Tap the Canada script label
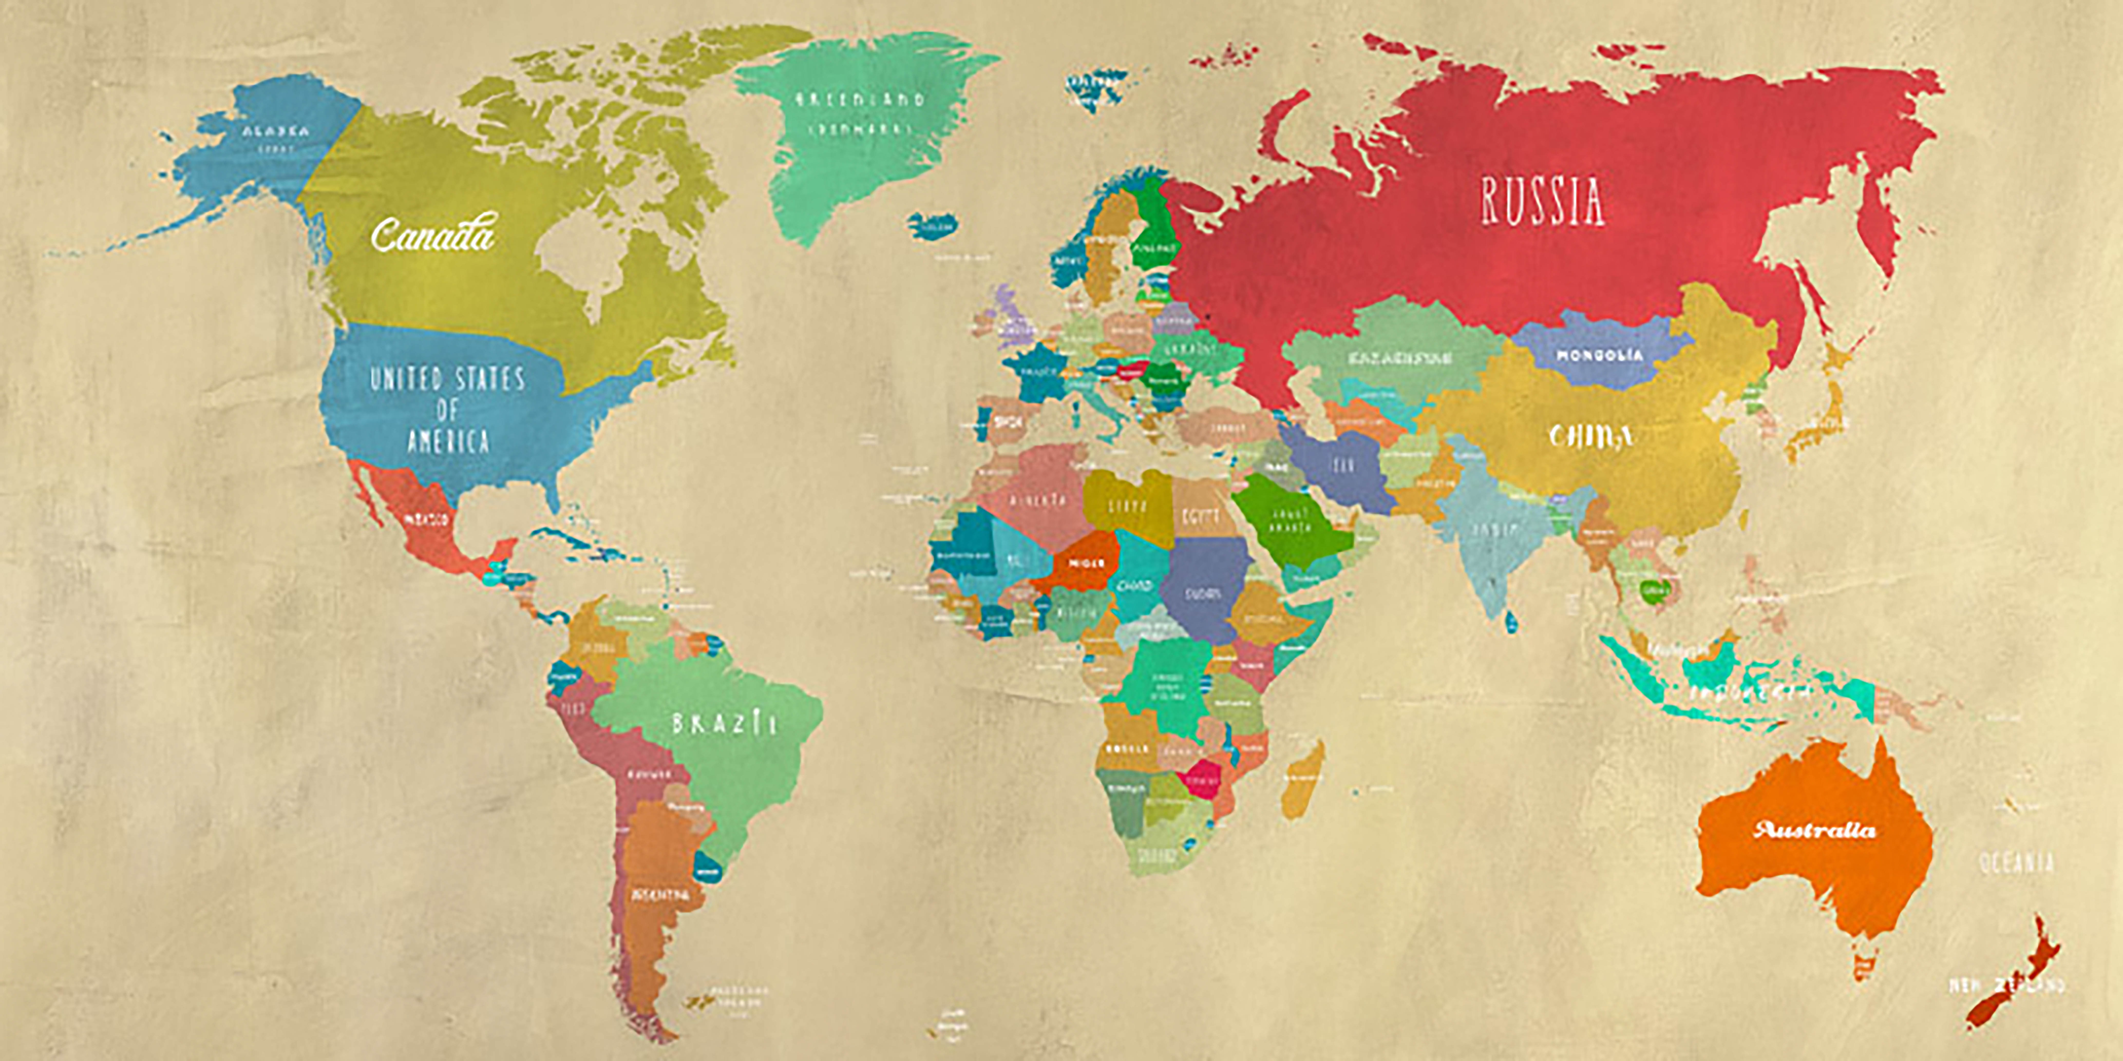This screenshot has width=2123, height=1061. (x=433, y=235)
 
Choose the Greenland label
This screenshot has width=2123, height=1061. (x=860, y=100)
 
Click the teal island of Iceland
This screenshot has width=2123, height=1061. (x=934, y=225)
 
